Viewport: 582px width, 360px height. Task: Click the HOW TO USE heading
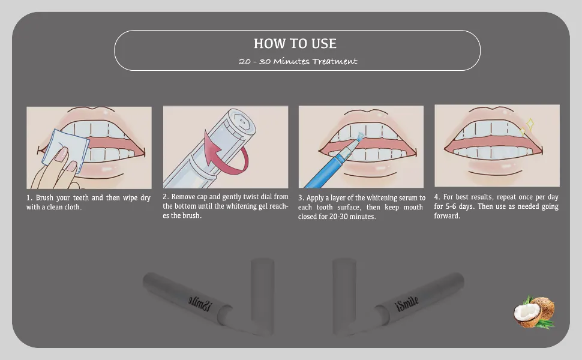click(295, 43)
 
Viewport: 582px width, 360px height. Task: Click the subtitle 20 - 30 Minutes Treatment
click(298, 61)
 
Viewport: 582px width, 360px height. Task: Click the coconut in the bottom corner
click(535, 313)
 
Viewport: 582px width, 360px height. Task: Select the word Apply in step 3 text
click(316, 198)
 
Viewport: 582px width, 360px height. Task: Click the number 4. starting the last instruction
click(437, 197)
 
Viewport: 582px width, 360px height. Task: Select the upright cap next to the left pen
click(262, 294)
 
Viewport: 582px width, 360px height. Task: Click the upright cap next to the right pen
click(344, 294)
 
